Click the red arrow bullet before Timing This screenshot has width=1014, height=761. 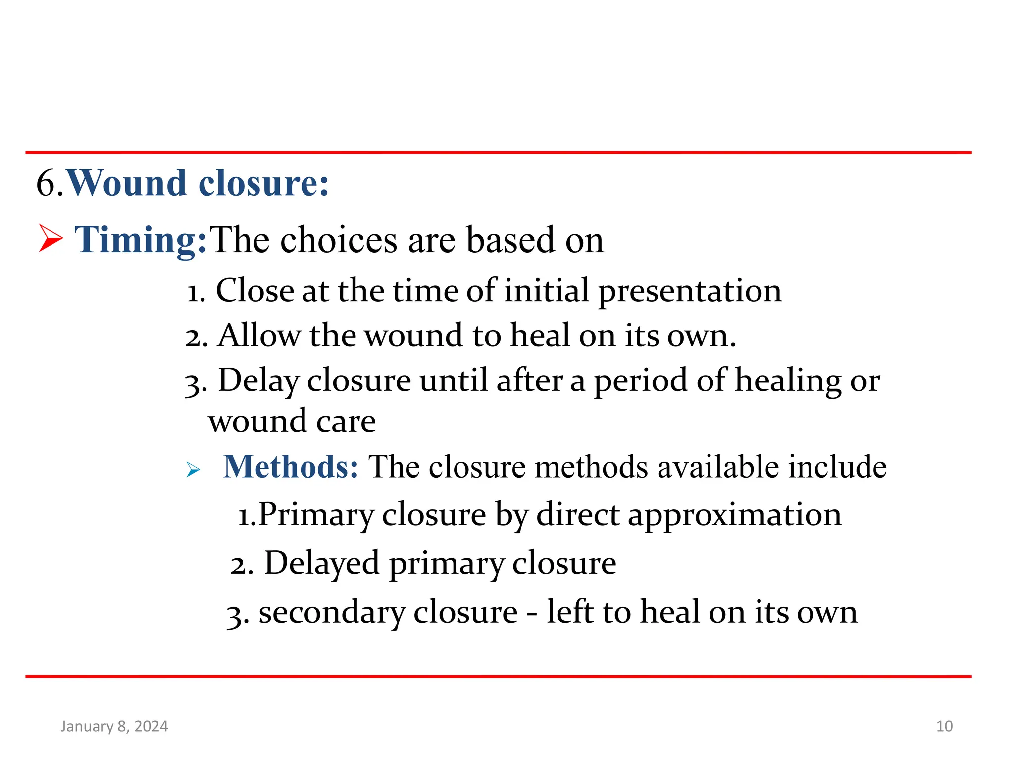[51, 238]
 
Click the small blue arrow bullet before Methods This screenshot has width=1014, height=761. [193, 469]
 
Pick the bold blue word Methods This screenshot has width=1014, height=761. [290, 467]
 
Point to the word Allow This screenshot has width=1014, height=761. [258, 336]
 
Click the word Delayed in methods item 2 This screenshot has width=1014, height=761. [322, 564]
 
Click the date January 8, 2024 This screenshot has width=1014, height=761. [114, 726]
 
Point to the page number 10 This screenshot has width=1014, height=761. [944, 726]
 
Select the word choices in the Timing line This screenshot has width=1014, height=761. [339, 240]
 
